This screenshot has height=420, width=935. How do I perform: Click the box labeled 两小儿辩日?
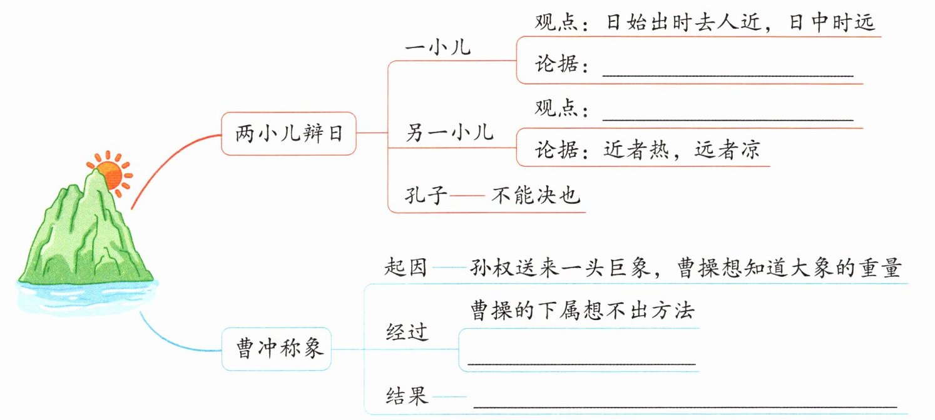pyautogui.click(x=289, y=133)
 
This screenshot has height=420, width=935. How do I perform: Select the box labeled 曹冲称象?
pyautogui.click(x=277, y=349)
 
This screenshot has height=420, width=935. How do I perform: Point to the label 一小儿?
pyautogui.click(x=438, y=47)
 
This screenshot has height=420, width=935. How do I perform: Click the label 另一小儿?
pyautogui.click(x=449, y=133)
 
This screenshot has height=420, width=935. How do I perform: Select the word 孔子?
pyautogui.click(x=426, y=194)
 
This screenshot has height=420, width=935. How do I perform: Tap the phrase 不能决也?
pyautogui.click(x=536, y=194)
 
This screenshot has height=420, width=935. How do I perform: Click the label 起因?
pyautogui.click(x=406, y=267)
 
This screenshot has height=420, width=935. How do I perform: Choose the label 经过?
pyautogui.click(x=407, y=332)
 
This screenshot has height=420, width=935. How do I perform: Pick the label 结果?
pyautogui.click(x=407, y=396)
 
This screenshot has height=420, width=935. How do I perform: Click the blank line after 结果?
pyautogui.click(x=685, y=406)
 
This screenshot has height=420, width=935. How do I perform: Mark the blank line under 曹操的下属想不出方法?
pyautogui.click(x=582, y=364)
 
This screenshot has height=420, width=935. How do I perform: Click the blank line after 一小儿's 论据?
pyautogui.click(x=728, y=76)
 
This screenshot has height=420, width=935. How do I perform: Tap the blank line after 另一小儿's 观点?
pyautogui.click(x=728, y=120)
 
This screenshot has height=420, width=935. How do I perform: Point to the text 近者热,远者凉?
pyautogui.click(x=682, y=149)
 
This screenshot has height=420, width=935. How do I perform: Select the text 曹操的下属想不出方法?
pyautogui.click(x=583, y=311)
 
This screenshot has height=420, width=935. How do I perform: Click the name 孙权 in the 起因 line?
pyautogui.click(x=491, y=267)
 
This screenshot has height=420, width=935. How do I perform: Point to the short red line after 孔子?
pyautogui.click(x=467, y=195)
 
